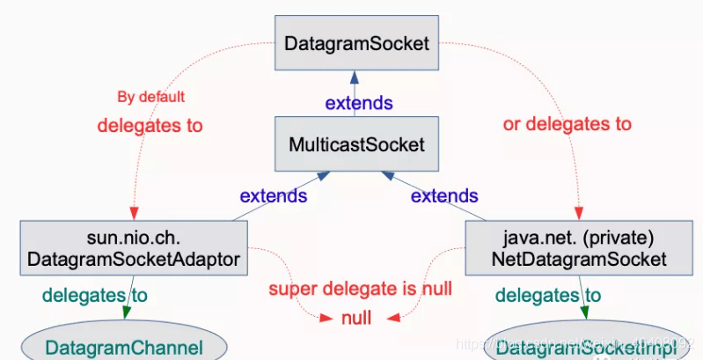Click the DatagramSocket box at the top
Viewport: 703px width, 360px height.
pyautogui.click(x=356, y=42)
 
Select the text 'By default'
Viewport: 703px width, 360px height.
pyautogui.click(x=150, y=97)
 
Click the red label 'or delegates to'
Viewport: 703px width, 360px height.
pyautogui.click(x=567, y=123)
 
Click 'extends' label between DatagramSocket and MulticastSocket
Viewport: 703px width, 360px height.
pyautogui.click(x=359, y=103)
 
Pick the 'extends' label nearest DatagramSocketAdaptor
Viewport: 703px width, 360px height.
pyautogui.click(x=274, y=195)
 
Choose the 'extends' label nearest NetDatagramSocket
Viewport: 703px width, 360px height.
pyautogui.click(x=444, y=195)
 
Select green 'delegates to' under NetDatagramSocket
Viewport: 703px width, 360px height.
pyautogui.click(x=548, y=296)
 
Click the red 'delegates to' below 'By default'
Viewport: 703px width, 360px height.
pyautogui.click(x=150, y=126)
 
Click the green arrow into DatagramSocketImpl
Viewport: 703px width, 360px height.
pyautogui.click(x=582, y=310)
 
